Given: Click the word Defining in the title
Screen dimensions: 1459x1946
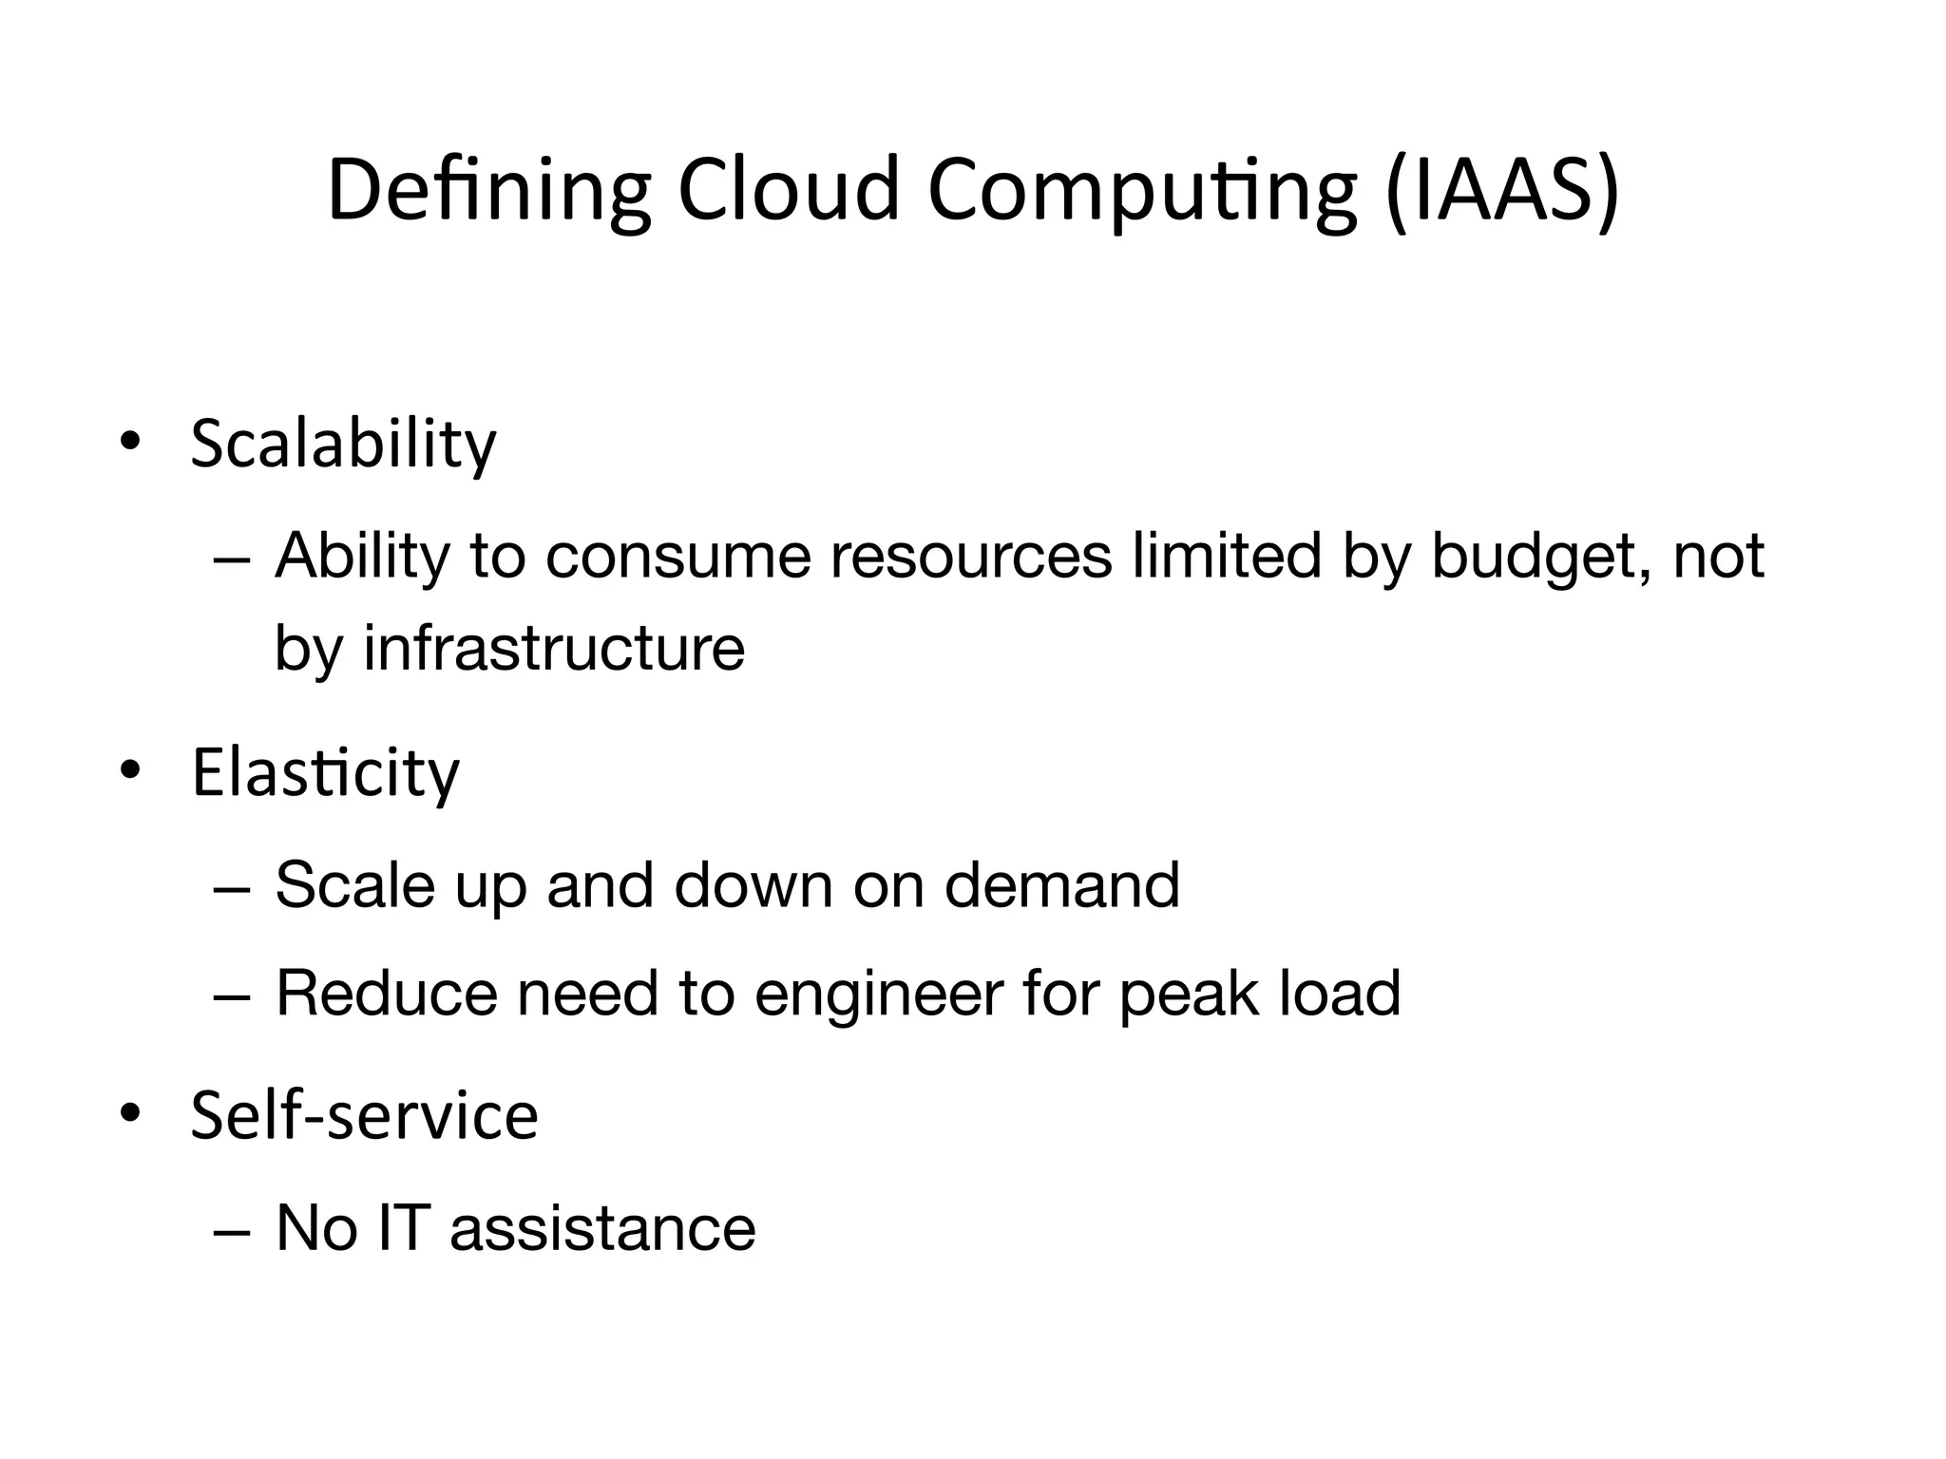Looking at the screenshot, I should [x=488, y=191].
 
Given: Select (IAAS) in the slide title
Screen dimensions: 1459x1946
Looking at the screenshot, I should [x=1502, y=191].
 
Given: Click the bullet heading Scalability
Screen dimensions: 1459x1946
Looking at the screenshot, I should [x=343, y=444].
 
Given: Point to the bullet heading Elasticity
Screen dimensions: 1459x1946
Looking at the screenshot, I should [x=325, y=773].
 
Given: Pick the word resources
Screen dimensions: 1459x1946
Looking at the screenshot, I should [x=970, y=557].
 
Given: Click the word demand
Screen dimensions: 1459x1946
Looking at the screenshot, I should [x=1061, y=885].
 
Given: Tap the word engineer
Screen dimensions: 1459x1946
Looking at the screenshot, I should [x=879, y=995].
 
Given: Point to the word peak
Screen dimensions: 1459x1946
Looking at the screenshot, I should [x=1188, y=995].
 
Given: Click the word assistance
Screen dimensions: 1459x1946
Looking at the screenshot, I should [x=602, y=1228].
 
